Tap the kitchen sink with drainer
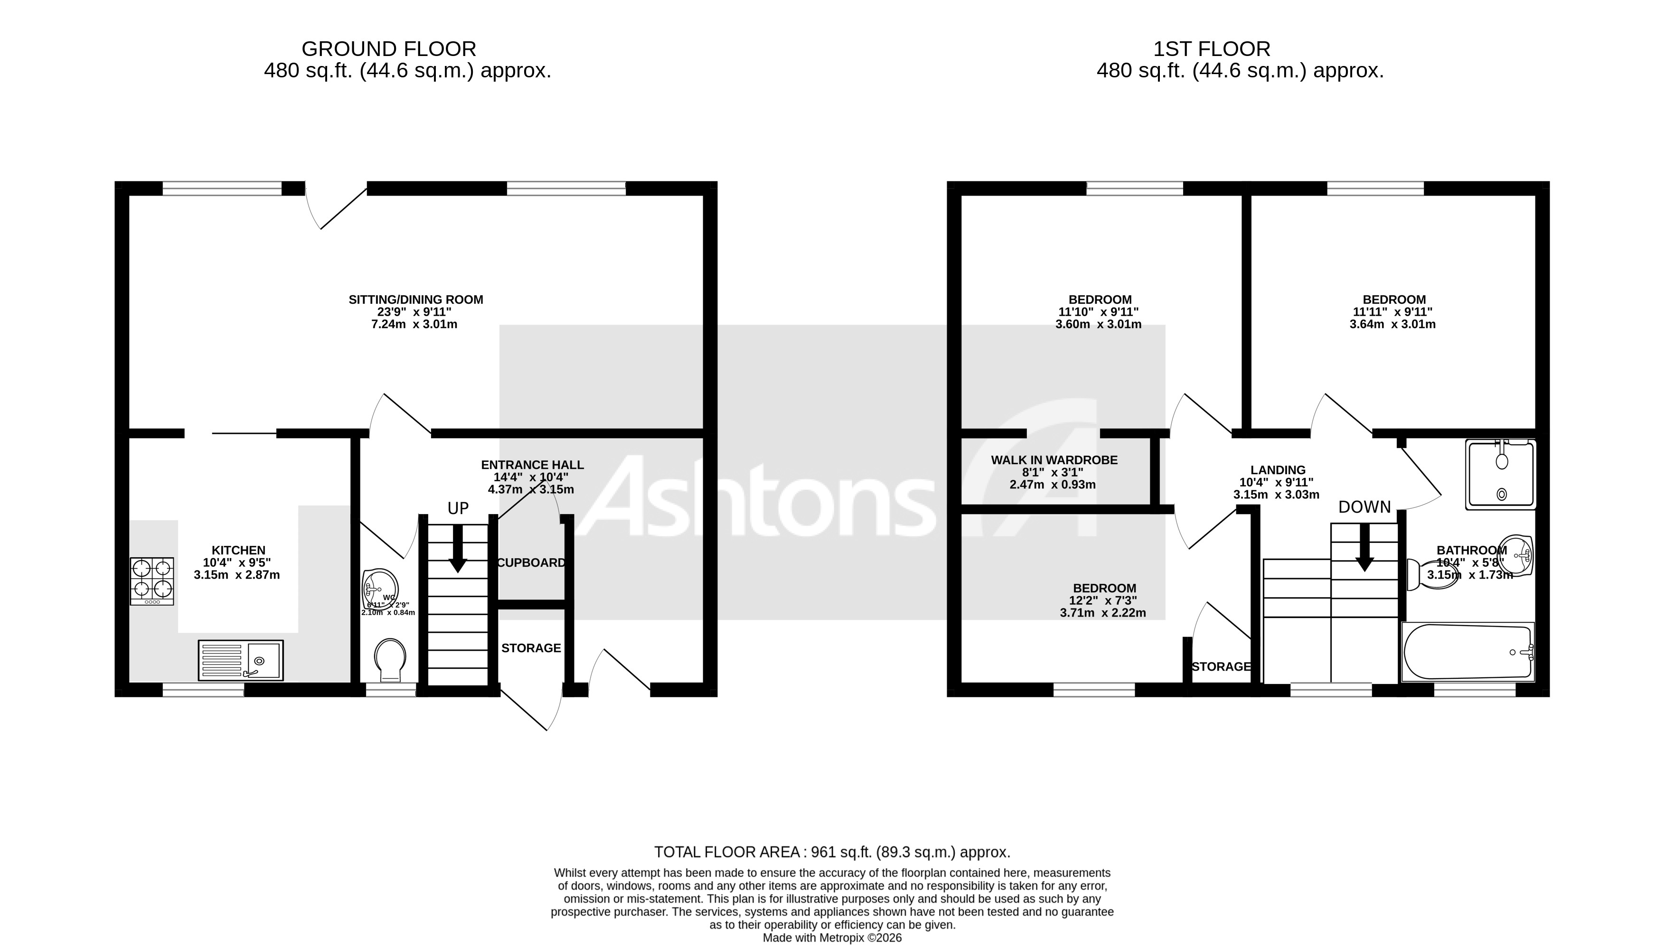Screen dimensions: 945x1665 click(x=240, y=660)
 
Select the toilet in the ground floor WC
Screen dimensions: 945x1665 click(x=390, y=659)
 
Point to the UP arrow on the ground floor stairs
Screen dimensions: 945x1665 click(x=458, y=548)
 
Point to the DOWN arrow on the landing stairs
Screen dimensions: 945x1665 click(x=1364, y=547)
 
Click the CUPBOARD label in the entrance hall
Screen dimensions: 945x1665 click(x=531, y=563)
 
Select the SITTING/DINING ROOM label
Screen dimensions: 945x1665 click(x=415, y=300)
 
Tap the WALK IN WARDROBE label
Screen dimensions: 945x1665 click(x=1054, y=460)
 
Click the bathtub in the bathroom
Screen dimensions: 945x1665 click(x=1467, y=652)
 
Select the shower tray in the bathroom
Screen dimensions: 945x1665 click(x=1500, y=475)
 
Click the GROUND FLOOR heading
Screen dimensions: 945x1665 click(x=389, y=49)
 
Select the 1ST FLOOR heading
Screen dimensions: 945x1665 click(x=1211, y=49)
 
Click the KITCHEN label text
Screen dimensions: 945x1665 click(x=238, y=551)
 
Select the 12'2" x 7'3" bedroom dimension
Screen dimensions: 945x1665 click(x=1103, y=601)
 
